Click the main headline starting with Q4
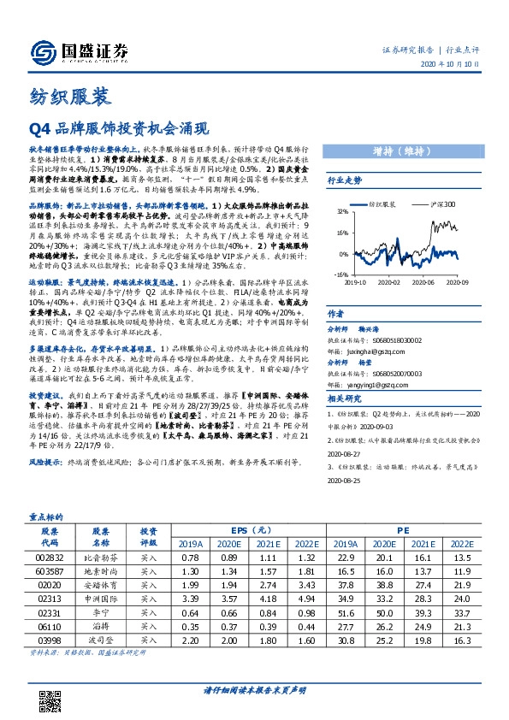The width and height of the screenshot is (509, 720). (x=120, y=129)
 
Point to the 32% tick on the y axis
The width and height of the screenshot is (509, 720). (x=342, y=210)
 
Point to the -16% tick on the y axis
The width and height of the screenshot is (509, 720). (x=341, y=275)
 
